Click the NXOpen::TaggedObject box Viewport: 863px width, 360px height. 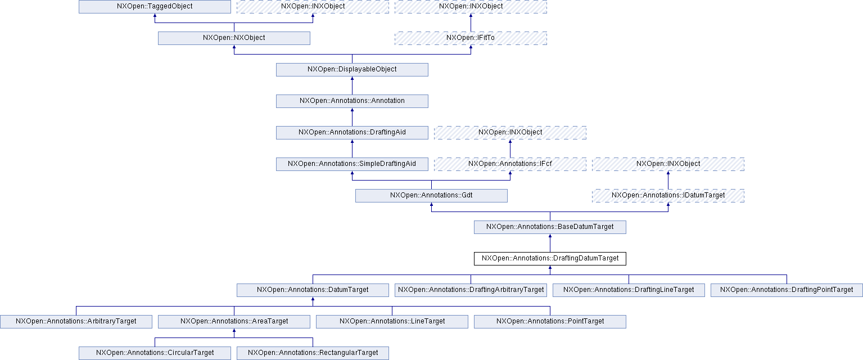pos(155,7)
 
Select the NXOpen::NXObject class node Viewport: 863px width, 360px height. pos(234,38)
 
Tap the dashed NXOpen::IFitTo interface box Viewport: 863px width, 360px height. pos(471,38)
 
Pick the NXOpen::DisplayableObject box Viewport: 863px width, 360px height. pos(352,70)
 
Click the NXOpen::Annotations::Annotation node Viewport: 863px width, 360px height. pos(352,101)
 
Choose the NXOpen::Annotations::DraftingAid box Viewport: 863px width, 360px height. pos(352,133)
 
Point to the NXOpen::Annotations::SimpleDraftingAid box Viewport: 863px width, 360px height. pos(352,164)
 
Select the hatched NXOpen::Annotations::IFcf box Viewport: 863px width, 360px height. pos(510,164)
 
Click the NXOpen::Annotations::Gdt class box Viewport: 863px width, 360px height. pos(431,196)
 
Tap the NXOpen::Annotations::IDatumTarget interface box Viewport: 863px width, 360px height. pos(668,196)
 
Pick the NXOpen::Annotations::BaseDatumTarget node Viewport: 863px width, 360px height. pos(550,227)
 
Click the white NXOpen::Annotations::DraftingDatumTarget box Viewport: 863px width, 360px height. pos(550,259)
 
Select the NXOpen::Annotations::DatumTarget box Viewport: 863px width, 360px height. pos(313,290)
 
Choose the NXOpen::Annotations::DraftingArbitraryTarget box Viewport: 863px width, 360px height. pos(471,290)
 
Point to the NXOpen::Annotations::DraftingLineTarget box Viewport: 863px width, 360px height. pos(629,290)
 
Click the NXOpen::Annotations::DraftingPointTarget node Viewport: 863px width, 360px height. pos(787,290)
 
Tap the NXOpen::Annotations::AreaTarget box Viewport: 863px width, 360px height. pos(234,322)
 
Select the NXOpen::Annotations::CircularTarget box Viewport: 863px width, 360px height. pos(155,353)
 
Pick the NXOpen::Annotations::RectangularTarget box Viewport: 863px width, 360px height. pos(313,353)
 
